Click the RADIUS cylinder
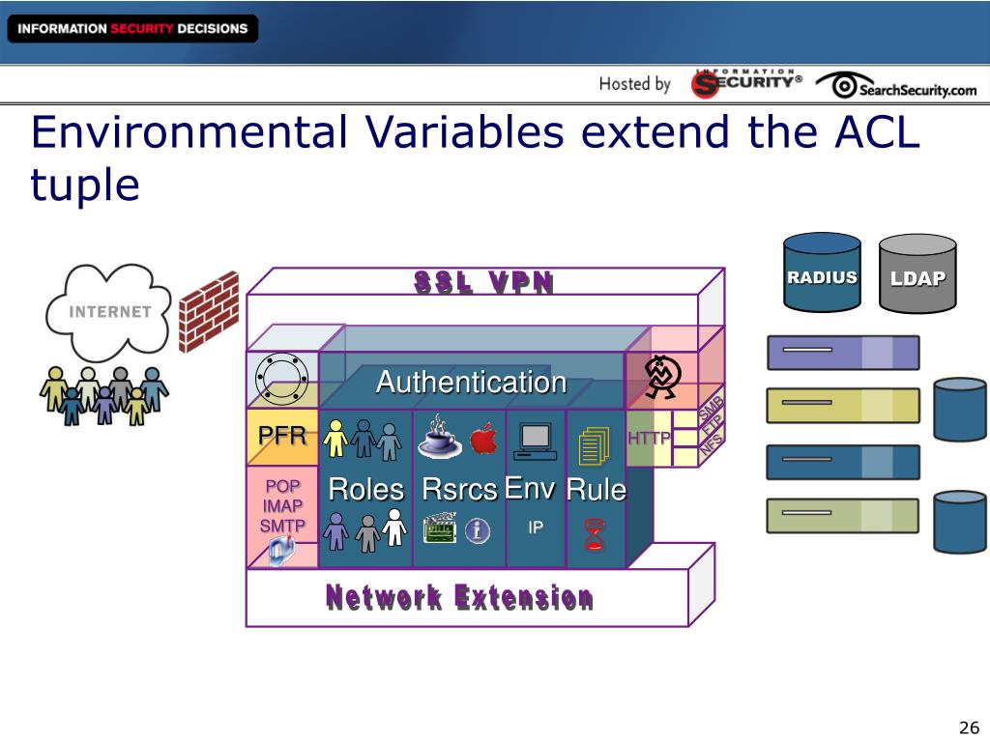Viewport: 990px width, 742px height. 822,276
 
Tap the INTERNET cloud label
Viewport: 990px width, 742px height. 109,311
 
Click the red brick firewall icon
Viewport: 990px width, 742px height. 209,310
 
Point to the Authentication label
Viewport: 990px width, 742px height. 471,383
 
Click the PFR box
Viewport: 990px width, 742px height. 281,436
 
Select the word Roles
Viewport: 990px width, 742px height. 365,490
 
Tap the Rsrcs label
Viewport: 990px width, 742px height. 459,490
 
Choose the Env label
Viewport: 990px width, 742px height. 530,489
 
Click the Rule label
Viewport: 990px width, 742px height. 596,490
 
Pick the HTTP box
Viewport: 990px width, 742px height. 649,439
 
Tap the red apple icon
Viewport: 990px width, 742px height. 483,441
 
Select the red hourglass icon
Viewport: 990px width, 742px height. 594,535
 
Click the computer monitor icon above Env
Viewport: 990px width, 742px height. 535,440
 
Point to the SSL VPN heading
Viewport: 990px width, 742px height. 483,282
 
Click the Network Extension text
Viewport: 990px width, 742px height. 459,598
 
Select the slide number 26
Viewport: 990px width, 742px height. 969,728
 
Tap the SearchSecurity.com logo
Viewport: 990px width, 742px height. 896,87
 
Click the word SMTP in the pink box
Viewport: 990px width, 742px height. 282,527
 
